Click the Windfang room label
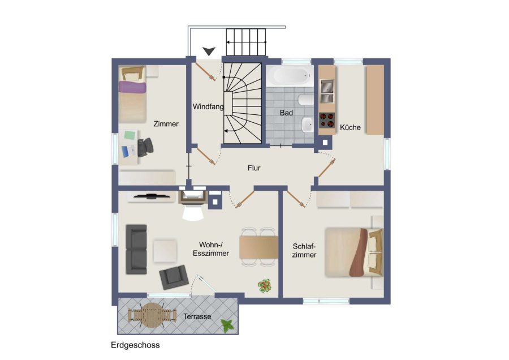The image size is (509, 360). [x=208, y=106]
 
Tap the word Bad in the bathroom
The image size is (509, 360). [x=286, y=113]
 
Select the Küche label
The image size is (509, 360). [x=350, y=127]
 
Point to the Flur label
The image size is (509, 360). [x=254, y=168]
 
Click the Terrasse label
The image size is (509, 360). [x=197, y=316]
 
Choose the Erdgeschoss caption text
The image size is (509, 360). [x=135, y=345]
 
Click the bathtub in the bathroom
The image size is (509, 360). [x=290, y=76]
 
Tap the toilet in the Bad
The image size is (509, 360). [x=305, y=100]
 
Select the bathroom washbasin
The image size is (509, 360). [x=307, y=125]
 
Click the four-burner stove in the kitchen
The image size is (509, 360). [x=327, y=119]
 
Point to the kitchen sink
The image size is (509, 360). [x=327, y=91]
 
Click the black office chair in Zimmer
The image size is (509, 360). [x=145, y=147]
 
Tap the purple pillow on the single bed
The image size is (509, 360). [x=132, y=87]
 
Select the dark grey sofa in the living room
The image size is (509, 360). [x=136, y=249]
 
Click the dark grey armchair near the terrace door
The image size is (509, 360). [x=174, y=277]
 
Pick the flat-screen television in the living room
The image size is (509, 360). [x=152, y=196]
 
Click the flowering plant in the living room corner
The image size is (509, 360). [x=265, y=286]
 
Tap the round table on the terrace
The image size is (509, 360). [x=152, y=315]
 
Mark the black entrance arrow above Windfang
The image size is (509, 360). [x=209, y=51]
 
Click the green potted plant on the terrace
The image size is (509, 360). [x=227, y=325]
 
